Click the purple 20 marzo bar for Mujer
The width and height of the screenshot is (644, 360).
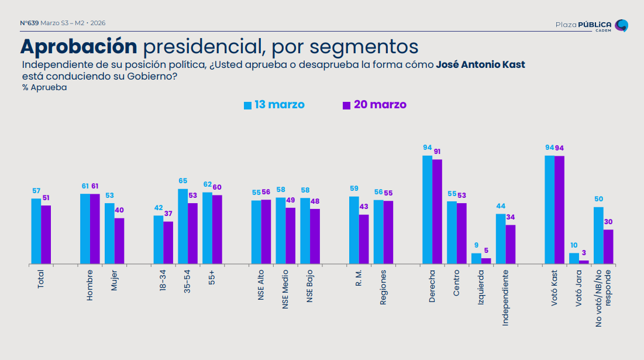[119, 241]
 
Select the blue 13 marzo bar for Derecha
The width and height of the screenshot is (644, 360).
[428, 210]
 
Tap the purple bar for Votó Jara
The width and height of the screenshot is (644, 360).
[584, 262]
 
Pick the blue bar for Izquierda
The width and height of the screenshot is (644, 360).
[476, 259]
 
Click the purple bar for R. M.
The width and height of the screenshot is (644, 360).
[364, 239]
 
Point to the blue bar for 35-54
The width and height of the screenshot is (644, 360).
[183, 227]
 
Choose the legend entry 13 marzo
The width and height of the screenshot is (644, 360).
[274, 105]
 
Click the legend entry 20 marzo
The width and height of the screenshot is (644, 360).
[374, 105]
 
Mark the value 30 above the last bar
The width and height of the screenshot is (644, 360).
[608, 222]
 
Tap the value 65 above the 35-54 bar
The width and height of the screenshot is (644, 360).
[183, 181]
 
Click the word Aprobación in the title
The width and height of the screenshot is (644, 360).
[79, 46]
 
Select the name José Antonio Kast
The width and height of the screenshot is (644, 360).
[480, 64]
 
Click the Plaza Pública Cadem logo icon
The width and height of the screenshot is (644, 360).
[622, 25]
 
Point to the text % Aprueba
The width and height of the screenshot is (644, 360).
[44, 87]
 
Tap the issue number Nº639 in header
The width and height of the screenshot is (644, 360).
[29, 23]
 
